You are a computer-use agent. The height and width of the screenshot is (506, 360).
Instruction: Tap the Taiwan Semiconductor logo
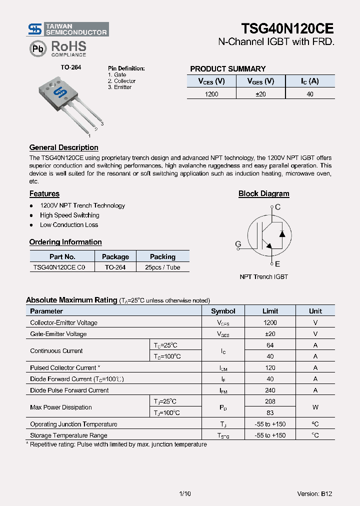pyautogui.click(x=67, y=29)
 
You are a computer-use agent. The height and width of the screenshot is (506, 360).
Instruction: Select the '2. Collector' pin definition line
pyautogui.click(x=121, y=81)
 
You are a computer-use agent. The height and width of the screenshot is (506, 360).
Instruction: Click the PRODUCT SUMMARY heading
pyautogui.click(x=227, y=69)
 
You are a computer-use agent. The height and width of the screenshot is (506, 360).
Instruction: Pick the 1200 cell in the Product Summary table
pyautogui.click(x=211, y=94)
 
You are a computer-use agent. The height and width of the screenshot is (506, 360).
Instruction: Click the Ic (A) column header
pyautogui.click(x=310, y=81)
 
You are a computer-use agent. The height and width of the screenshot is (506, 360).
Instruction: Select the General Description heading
pyautogui.click(x=63, y=147)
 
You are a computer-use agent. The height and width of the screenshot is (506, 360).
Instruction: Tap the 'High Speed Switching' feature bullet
pyautogui.click(x=69, y=215)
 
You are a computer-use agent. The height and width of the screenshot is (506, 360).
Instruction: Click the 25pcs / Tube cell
pyautogui.click(x=162, y=267)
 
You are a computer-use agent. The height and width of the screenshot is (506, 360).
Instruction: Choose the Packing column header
pyautogui.click(x=162, y=256)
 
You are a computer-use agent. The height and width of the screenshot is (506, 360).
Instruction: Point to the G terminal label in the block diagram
pyautogui.click(x=238, y=244)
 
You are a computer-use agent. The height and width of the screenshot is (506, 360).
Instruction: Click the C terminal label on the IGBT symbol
pyautogui.click(x=278, y=207)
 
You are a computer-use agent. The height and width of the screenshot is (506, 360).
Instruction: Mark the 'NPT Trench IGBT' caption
pyautogui.click(x=263, y=276)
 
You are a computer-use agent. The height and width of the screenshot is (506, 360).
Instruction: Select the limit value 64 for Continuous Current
pyautogui.click(x=270, y=345)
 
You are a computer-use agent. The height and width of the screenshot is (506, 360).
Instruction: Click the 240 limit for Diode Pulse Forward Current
pyautogui.click(x=270, y=390)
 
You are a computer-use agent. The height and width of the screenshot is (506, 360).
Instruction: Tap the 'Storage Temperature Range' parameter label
pyautogui.click(x=68, y=435)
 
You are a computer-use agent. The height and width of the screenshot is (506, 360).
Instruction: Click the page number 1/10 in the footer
pyautogui.click(x=184, y=493)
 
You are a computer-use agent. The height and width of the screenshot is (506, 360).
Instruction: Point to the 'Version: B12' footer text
pyautogui.click(x=314, y=493)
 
